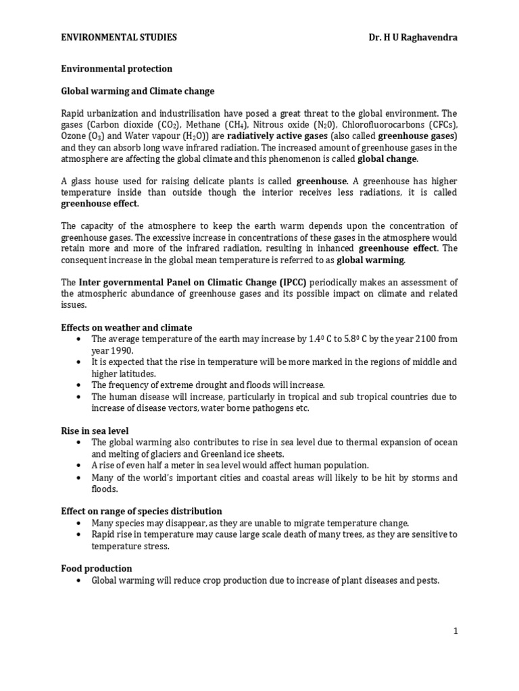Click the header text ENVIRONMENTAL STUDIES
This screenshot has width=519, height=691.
click(x=119, y=38)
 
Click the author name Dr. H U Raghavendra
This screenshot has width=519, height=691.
click(x=408, y=38)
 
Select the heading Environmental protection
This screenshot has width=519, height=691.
click(x=117, y=69)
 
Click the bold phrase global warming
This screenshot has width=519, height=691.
click(x=371, y=259)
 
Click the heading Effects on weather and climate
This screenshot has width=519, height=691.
click(x=127, y=327)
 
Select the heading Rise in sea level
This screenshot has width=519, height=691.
click(x=95, y=431)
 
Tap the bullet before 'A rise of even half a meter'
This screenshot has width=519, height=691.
click(x=80, y=466)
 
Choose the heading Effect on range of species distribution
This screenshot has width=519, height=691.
click(x=142, y=512)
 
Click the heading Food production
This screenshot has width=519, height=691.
click(x=97, y=569)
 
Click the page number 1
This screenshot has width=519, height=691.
click(x=455, y=631)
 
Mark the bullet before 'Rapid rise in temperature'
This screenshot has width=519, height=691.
click(x=80, y=534)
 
